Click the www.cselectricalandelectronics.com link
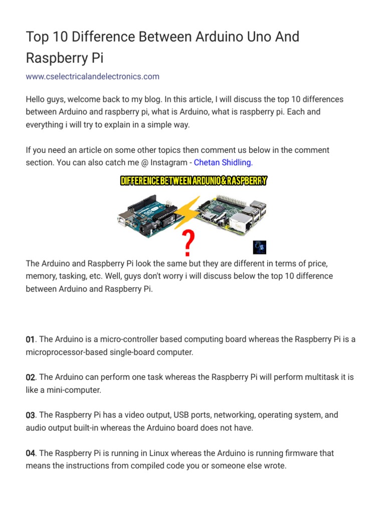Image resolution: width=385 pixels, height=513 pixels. pyautogui.click(x=93, y=77)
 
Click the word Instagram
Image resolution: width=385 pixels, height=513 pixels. pyautogui.click(x=162, y=162)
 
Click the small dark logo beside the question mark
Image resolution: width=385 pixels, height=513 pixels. pyautogui.click(x=260, y=247)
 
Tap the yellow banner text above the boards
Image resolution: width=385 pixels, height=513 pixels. pyautogui.click(x=194, y=181)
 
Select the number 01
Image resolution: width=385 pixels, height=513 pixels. pyautogui.click(x=31, y=340)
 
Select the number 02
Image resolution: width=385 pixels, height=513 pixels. pyautogui.click(x=31, y=377)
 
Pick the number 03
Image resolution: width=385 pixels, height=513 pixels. pyautogui.click(x=31, y=415)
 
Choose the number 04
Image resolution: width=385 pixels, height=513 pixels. pyautogui.click(x=31, y=453)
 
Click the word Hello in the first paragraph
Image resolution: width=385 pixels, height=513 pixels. pyautogui.click(x=36, y=100)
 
